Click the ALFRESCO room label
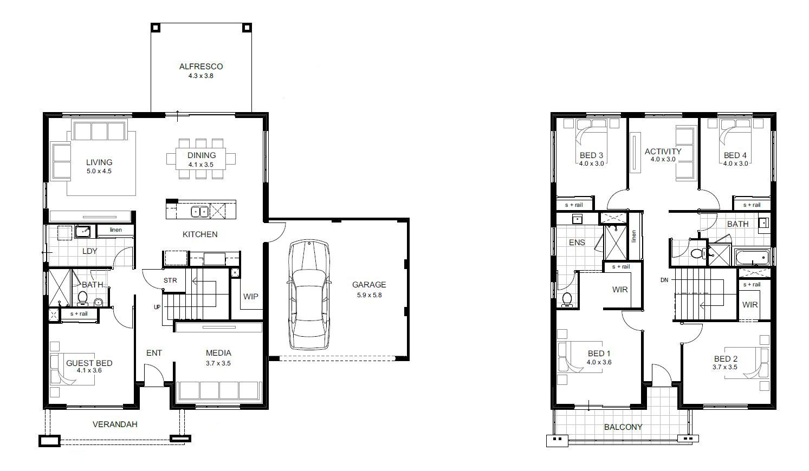[x=201, y=67]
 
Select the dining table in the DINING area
[x=202, y=158]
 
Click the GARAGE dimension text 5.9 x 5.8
[x=369, y=295]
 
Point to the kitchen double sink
[x=199, y=212]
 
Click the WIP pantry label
[x=250, y=297]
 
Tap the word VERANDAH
[x=114, y=424]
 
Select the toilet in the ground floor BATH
[x=83, y=298]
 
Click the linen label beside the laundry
[x=115, y=230]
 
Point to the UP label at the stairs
[x=157, y=307]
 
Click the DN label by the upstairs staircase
[x=664, y=280]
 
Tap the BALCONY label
[x=623, y=427]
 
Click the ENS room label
[x=577, y=243]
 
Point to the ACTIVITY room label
[x=663, y=151]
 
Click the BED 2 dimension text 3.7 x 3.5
[x=725, y=367]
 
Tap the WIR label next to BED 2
[x=750, y=305]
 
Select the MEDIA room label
[x=218, y=353]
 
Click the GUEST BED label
[x=89, y=363]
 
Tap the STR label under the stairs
[x=170, y=280]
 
